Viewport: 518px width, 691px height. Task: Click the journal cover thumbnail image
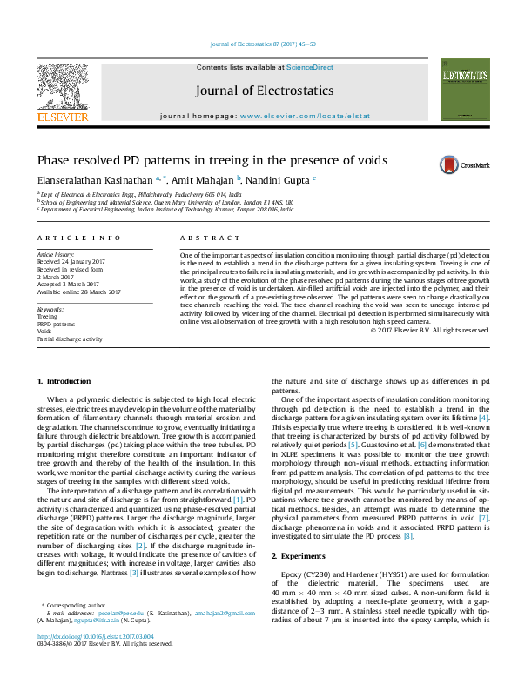465,90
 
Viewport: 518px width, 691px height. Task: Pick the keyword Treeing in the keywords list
49,317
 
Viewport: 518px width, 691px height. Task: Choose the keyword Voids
45,332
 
